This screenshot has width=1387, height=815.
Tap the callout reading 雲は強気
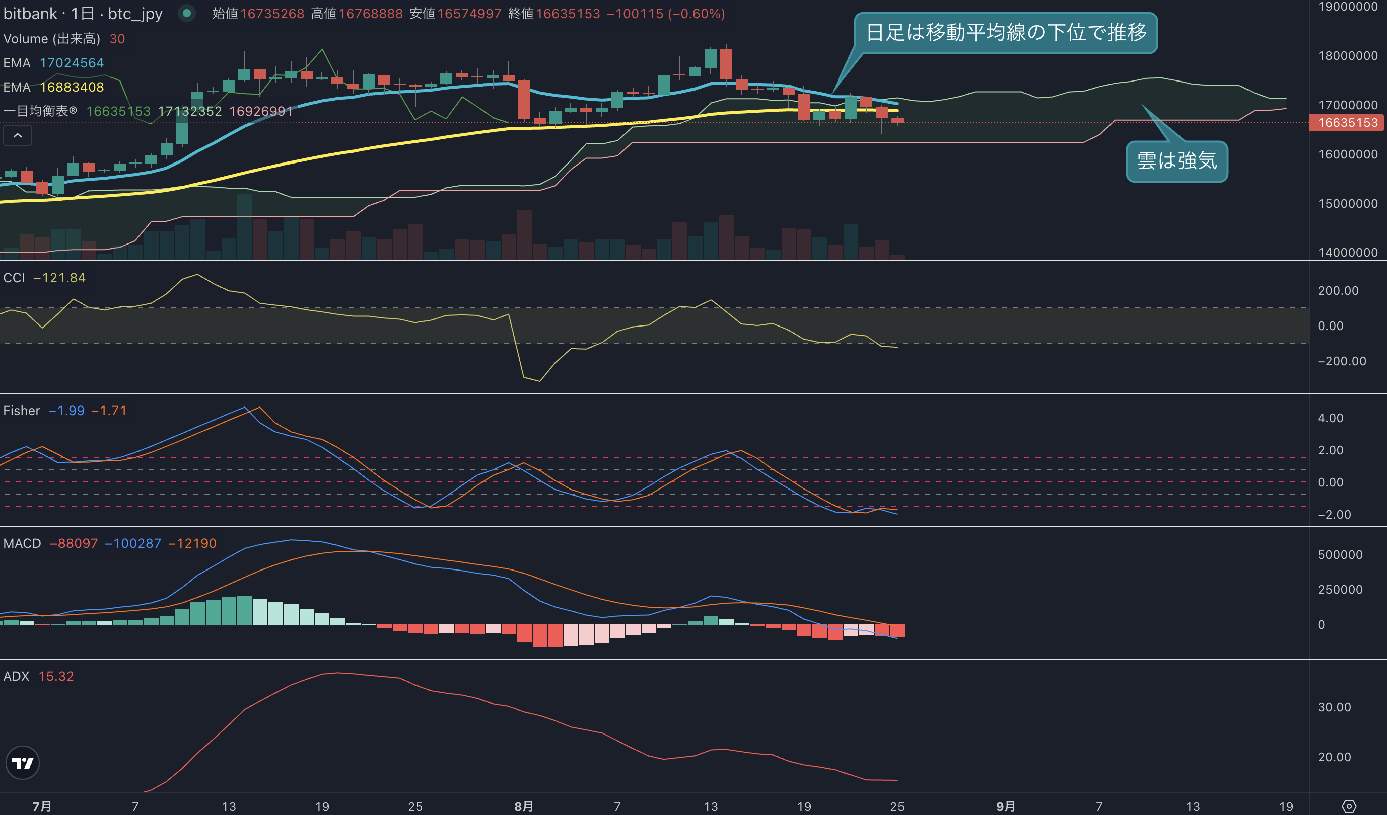(1177, 161)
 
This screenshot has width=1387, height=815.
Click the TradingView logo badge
(23, 763)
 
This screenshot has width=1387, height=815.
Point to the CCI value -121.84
(59, 278)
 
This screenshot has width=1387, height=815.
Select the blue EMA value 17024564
(72, 63)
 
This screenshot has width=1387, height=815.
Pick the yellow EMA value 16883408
(72, 87)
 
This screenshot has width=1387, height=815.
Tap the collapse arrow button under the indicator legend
(18, 135)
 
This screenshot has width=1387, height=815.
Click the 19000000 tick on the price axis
(1347, 7)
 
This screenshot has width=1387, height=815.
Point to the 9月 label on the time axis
(1006, 806)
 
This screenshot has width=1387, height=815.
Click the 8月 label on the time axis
(523, 806)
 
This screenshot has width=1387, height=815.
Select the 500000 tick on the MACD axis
(1340, 555)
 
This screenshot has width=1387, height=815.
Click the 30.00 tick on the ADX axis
(1334, 707)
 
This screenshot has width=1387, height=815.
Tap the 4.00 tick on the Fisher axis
(1330, 418)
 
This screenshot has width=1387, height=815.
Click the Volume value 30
(117, 39)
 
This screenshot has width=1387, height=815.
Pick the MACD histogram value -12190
(192, 543)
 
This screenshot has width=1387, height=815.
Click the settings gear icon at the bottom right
(1349, 806)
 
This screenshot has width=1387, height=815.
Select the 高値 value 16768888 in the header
(370, 13)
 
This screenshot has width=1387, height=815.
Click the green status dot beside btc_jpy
(187, 13)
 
